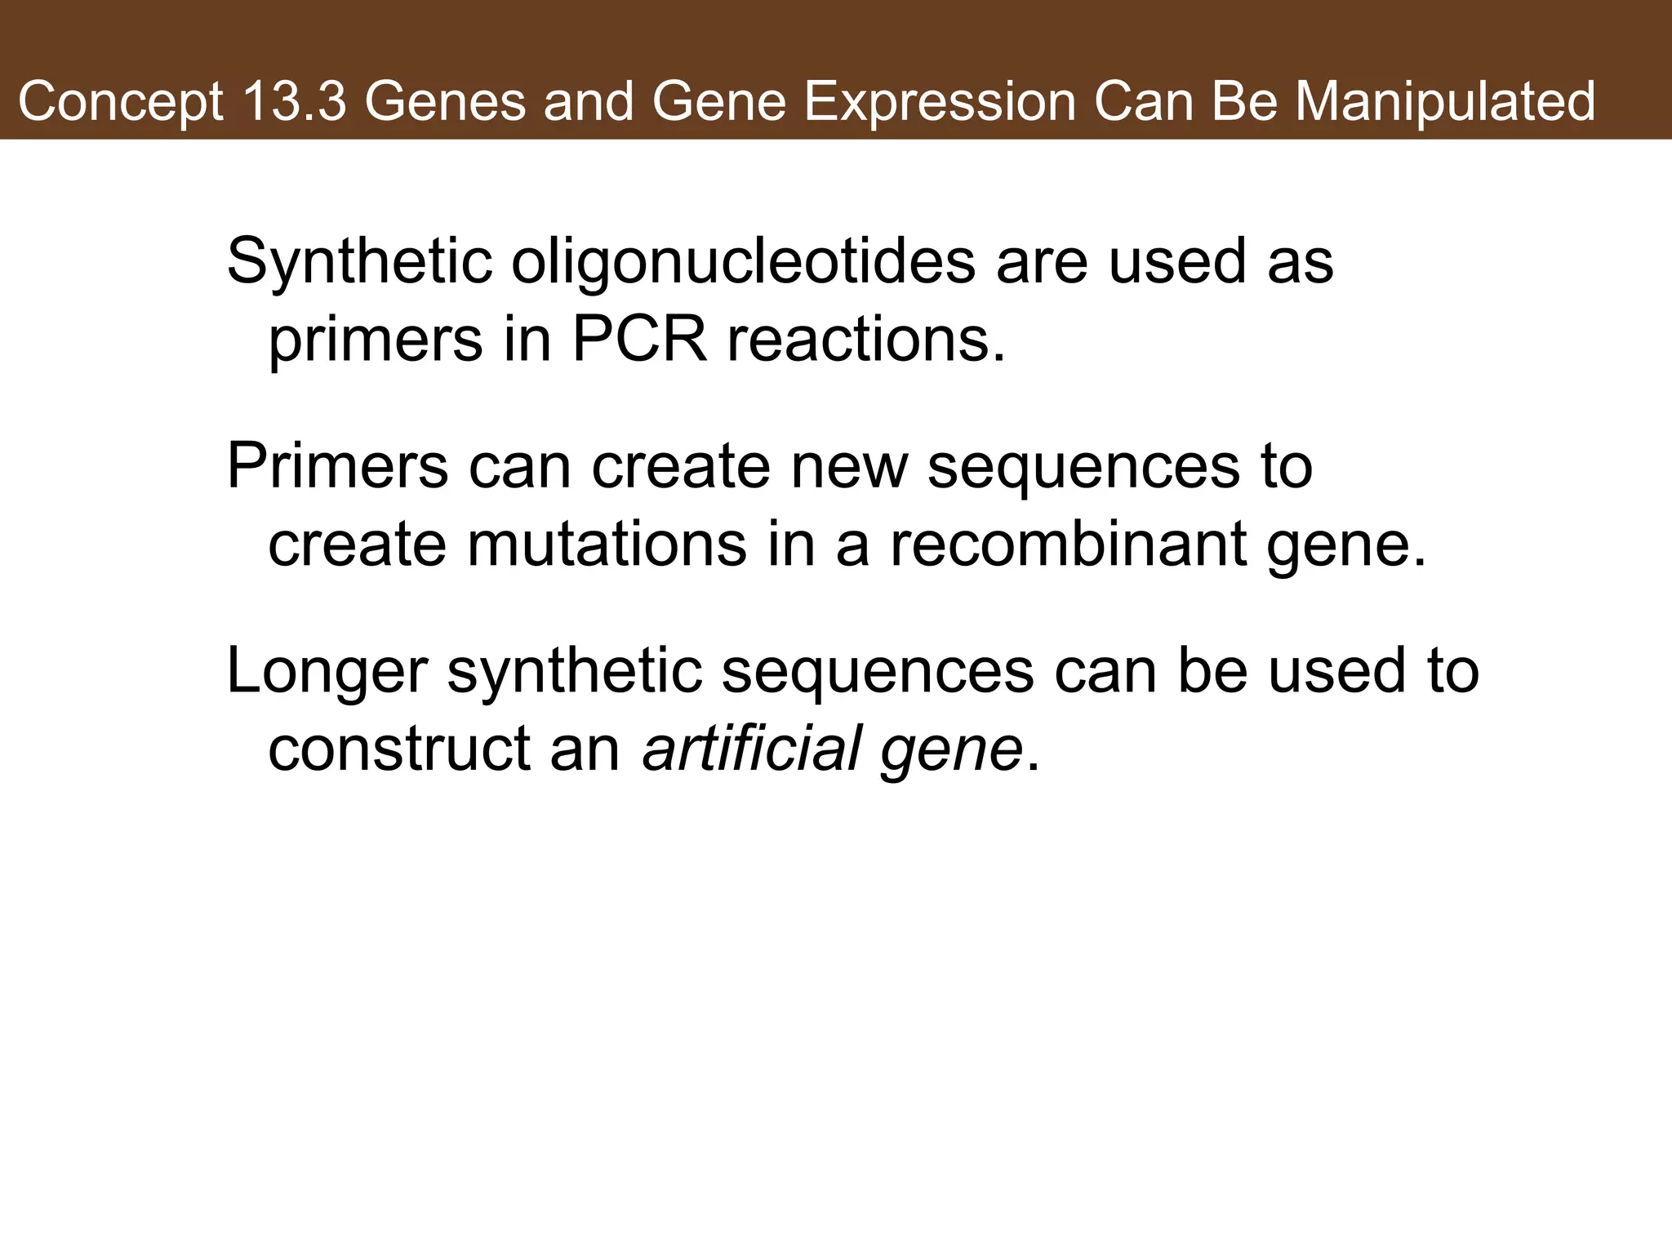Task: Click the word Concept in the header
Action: pos(120,103)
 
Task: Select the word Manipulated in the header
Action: pos(1445,103)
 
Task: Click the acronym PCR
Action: pos(639,340)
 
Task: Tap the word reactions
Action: pos(866,340)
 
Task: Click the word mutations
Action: pos(607,545)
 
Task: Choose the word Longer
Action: pos(327,672)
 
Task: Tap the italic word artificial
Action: pos(752,749)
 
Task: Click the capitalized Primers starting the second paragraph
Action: pos(337,467)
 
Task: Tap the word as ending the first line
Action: pos(1300,263)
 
